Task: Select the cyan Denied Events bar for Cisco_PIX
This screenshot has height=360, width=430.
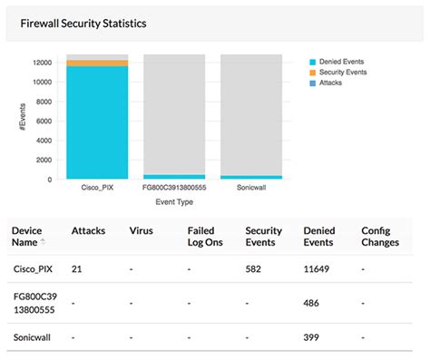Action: (97, 122)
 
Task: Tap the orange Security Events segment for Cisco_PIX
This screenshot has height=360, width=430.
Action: (97, 63)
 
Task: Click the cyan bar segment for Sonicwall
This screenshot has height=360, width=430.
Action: (251, 177)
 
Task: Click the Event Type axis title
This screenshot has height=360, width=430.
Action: (174, 202)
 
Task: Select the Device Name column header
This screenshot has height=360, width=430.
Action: (27, 237)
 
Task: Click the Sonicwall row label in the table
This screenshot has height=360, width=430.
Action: (32, 337)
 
